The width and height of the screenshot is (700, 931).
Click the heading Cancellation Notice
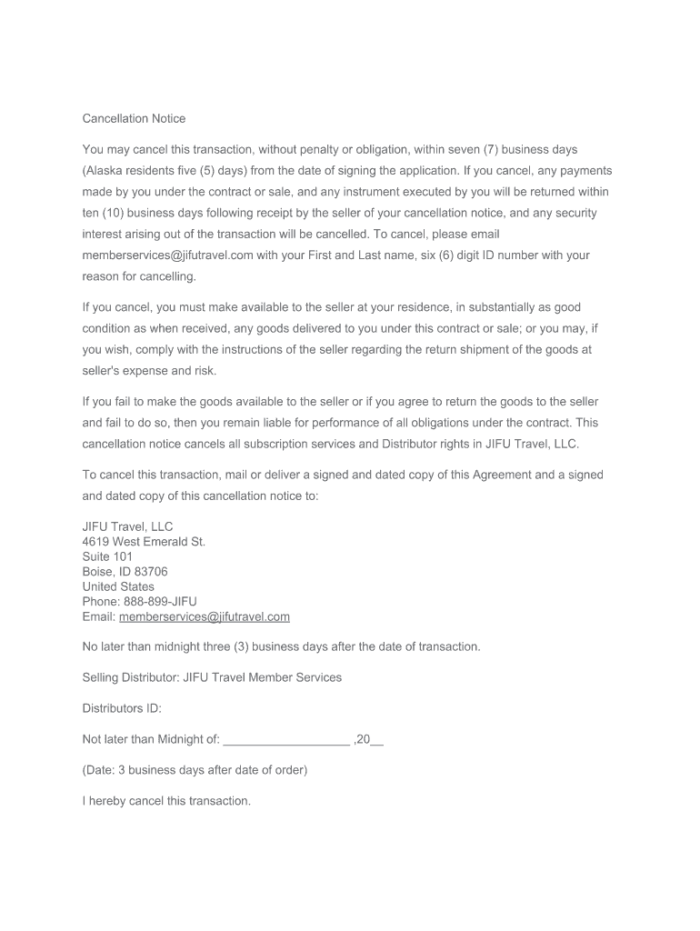pyautogui.click(x=134, y=118)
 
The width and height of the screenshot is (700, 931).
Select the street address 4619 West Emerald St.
pyautogui.click(x=144, y=542)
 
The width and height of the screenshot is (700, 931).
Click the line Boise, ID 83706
pyautogui.click(x=125, y=572)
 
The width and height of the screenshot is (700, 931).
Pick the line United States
pyautogui.click(x=118, y=586)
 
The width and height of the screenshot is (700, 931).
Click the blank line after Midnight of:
pyautogui.click(x=286, y=740)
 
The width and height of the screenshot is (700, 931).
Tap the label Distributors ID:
pyautogui.click(x=122, y=708)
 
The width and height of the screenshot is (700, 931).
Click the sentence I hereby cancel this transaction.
pyautogui.click(x=166, y=801)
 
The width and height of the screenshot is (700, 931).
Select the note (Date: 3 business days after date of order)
pyautogui.click(x=195, y=770)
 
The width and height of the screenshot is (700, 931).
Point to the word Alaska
pyautogui.click(x=105, y=171)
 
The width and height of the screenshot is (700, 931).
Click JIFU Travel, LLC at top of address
pyautogui.click(x=127, y=526)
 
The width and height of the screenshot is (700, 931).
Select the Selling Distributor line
pyautogui.click(x=212, y=677)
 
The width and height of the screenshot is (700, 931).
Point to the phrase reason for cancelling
pyautogui.click(x=139, y=276)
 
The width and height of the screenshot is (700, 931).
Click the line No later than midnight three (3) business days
pyautogui.click(x=281, y=646)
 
